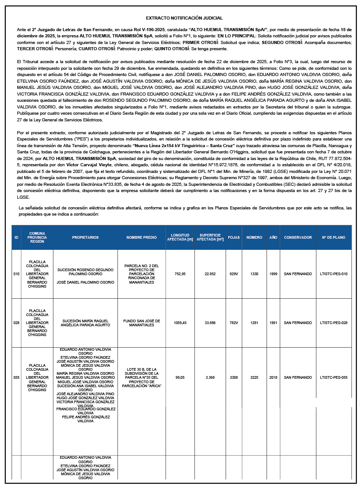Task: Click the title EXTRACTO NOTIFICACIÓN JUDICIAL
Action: [x=184, y=18]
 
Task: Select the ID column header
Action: [x=16, y=237]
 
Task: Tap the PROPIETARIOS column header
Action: [x=85, y=237]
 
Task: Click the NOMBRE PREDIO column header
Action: [x=141, y=237]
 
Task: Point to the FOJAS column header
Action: [x=234, y=237]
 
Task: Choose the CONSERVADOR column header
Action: [x=298, y=237]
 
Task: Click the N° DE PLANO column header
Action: [x=333, y=237]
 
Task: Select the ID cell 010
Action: [x=16, y=274]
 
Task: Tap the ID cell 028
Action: [x=16, y=323]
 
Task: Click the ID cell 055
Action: [x=16, y=377]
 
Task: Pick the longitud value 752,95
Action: [x=180, y=274]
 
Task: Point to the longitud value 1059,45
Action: [x=180, y=323]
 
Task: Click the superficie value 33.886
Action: [x=210, y=323]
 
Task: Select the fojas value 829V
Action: [x=234, y=274]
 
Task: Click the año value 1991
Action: [x=273, y=323]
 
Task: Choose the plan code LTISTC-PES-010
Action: [x=333, y=274]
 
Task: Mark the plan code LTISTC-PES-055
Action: [x=333, y=377]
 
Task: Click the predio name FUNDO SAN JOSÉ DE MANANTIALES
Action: [x=141, y=323]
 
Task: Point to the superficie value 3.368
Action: [x=210, y=377]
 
